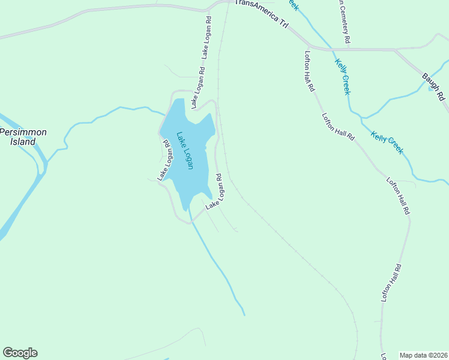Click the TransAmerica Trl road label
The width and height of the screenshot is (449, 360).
262,11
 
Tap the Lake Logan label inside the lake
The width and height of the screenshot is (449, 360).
184,150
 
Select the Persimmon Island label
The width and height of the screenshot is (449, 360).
23,137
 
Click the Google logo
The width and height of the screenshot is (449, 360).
20,353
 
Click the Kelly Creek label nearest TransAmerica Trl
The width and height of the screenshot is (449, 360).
343,76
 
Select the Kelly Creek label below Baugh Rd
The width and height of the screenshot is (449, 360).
387,143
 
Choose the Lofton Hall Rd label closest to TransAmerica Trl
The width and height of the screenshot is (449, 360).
310,70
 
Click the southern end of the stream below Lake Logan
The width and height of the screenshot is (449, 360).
244,314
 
